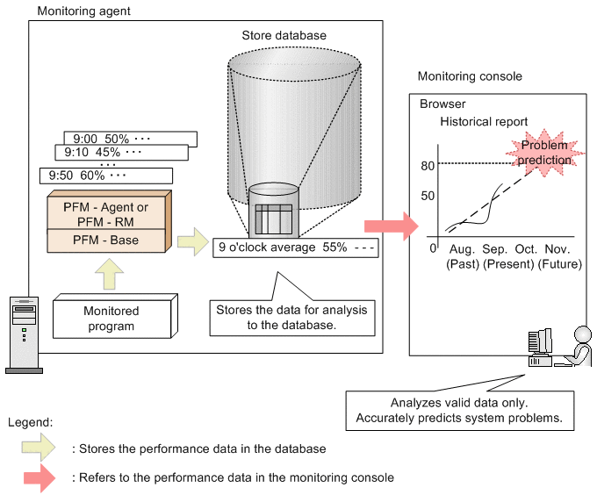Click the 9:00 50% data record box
pyautogui.click(x=131, y=139)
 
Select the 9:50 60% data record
pyautogui.click(x=106, y=176)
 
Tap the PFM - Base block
pyautogui.click(x=106, y=240)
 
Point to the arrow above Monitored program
pyautogui.click(x=109, y=274)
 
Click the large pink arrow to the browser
pyautogui.click(x=392, y=226)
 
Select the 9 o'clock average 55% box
pyautogui.click(x=296, y=247)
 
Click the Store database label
pyautogui.click(x=284, y=35)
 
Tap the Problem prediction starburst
pyautogui.click(x=544, y=153)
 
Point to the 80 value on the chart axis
pyautogui.click(x=428, y=166)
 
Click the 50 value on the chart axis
pyautogui.click(x=428, y=196)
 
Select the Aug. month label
pyautogui.click(x=462, y=249)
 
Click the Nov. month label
pyautogui.click(x=557, y=249)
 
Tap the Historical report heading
pyautogui.click(x=484, y=122)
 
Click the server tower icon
pyautogui.click(x=24, y=334)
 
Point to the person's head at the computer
pyautogui.click(x=583, y=335)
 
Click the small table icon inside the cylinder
pyautogui.click(x=274, y=219)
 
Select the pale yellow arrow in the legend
pyautogui.click(x=39, y=448)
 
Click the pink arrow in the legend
pyautogui.click(x=40, y=477)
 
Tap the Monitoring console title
pyautogui.click(x=470, y=76)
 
